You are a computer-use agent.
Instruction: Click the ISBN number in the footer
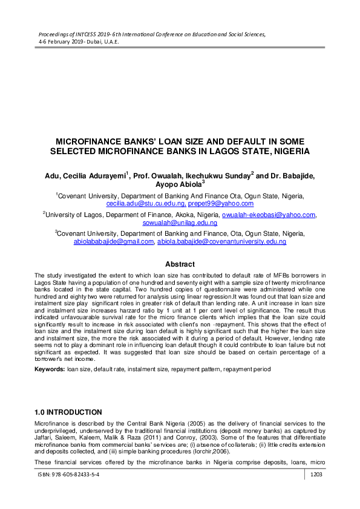69,476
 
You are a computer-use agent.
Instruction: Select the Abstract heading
180,264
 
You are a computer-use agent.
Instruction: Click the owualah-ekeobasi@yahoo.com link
269,215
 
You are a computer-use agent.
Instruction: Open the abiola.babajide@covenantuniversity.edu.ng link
222,241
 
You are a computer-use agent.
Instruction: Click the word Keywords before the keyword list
50,368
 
